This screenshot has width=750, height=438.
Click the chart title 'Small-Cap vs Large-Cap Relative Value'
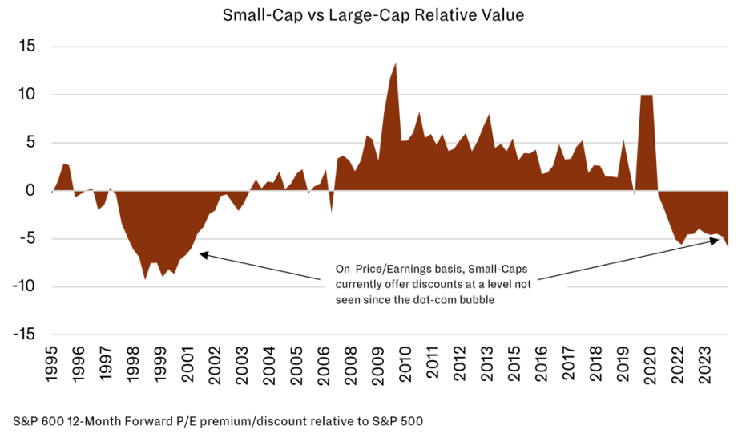[374, 14]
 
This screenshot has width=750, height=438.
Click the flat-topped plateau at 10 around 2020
[647, 97]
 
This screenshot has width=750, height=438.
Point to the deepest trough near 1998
[145, 278]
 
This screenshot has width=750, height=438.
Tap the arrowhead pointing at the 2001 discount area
[202, 254]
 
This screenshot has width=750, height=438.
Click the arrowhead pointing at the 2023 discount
[716, 240]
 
